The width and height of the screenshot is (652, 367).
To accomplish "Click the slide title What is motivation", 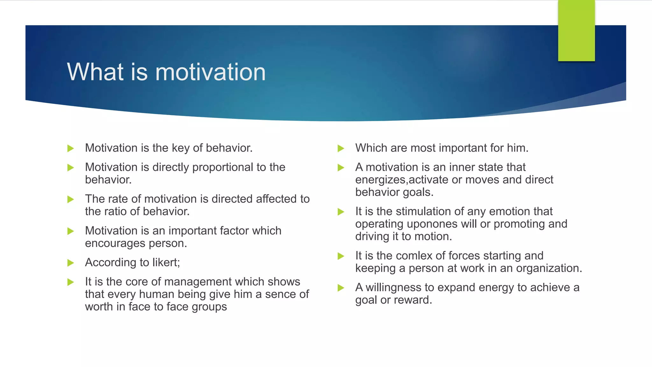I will tap(166, 72).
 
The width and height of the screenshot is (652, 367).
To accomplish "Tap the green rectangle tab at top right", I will tap(576, 31).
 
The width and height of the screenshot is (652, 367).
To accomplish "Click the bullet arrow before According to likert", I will tap(71, 263).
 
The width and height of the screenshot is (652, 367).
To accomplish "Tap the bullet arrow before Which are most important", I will tap(341, 148).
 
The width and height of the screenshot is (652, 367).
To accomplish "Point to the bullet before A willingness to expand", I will tap(341, 288).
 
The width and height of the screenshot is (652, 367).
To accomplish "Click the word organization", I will tap(548, 268).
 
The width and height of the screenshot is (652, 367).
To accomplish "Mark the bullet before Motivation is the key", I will tap(71, 148).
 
